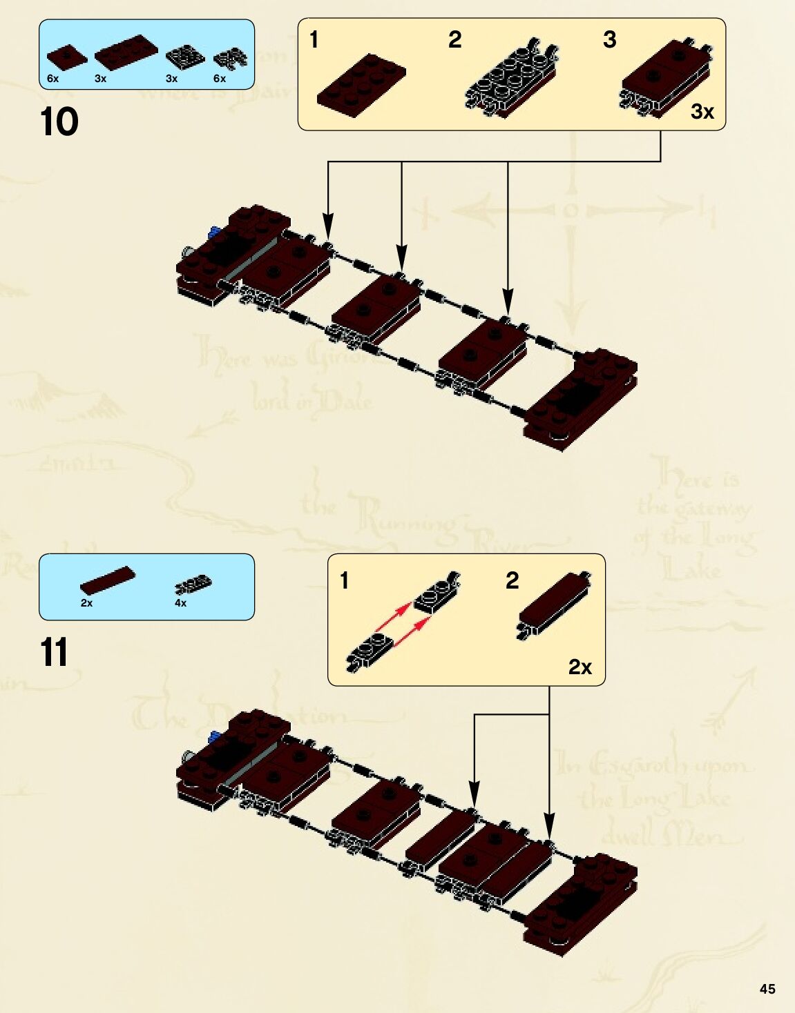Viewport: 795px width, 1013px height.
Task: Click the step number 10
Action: coord(59,122)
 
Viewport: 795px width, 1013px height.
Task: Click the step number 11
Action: coord(54,652)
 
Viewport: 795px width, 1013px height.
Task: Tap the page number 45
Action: coord(767,989)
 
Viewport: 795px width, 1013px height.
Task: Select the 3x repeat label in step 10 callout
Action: coord(702,111)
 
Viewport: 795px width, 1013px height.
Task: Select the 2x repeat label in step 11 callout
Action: coord(580,667)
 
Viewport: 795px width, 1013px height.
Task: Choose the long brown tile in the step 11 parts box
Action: coord(107,580)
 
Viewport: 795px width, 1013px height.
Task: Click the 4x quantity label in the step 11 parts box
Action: coord(180,603)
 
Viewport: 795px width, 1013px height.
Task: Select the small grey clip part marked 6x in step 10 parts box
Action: coord(230,59)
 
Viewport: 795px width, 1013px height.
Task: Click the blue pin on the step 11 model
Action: coord(214,736)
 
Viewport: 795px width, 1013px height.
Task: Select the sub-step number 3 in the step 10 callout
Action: coord(609,39)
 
